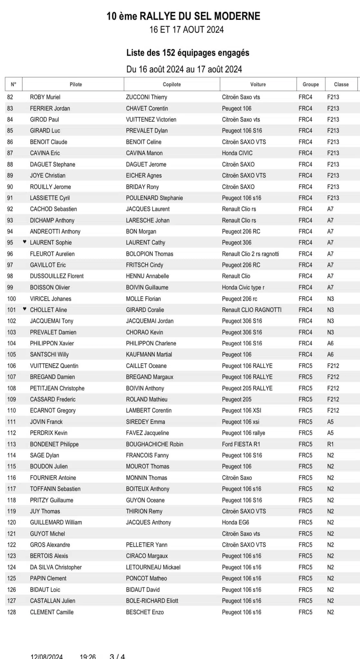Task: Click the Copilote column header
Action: coord(172,84)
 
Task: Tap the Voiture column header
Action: coord(258,84)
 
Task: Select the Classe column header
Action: coord(341,84)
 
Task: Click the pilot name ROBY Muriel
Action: coord(45,97)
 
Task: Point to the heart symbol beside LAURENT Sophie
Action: coord(25,242)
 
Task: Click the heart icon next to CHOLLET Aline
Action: coord(25,309)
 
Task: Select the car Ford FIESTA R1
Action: coord(241,444)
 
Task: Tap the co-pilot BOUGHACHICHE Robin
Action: coord(155,444)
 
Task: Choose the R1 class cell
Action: coord(330,444)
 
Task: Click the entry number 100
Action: coord(12,299)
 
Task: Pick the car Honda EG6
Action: coord(235,522)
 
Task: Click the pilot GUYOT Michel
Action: coord(47,534)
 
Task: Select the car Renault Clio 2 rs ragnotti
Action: coord(250,254)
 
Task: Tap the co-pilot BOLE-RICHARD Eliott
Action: coord(152,601)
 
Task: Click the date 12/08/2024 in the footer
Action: coord(47,656)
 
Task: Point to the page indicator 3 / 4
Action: coord(117,656)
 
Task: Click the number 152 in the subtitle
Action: coord(169,53)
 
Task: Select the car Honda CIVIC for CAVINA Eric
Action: coord(237,153)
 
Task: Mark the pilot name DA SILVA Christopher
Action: coord(56,567)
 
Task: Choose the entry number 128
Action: coord(12,612)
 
